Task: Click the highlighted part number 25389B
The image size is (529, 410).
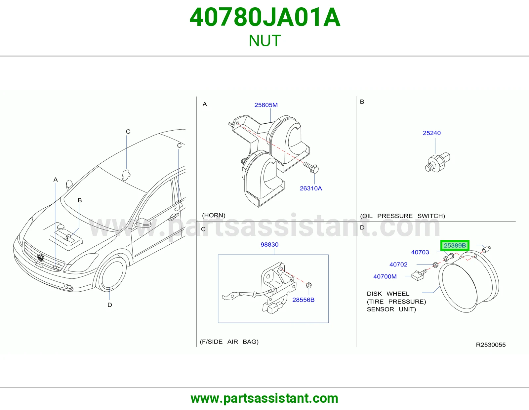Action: [x=455, y=245]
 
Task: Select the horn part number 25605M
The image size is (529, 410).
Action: [x=266, y=105]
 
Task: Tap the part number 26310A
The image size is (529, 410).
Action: [x=311, y=188]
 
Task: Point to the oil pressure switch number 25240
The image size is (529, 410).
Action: [x=431, y=133]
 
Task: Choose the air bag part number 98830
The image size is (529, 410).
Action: [x=269, y=244]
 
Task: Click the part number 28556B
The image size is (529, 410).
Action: [x=303, y=300]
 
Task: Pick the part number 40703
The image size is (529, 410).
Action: [x=420, y=252]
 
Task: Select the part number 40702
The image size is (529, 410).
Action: [x=398, y=265]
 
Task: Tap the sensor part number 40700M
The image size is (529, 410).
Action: [x=385, y=276]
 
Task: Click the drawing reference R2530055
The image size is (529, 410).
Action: [x=491, y=345]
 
